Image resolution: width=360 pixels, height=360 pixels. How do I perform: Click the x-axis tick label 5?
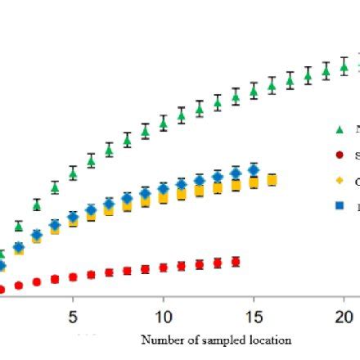pyautogui.click(x=73, y=316)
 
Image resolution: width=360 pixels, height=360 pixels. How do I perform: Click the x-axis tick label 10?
pyautogui.click(x=163, y=316)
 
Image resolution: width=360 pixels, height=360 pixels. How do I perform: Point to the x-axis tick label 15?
pyautogui.click(x=253, y=316)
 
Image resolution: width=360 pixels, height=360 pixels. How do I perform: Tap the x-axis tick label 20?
pyautogui.click(x=344, y=316)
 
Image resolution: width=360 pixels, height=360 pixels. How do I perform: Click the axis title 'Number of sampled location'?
pyautogui.click(x=216, y=340)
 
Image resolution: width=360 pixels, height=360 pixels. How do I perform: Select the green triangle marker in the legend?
pyautogui.click(x=340, y=128)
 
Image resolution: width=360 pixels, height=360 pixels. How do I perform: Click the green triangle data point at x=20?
pyautogui.click(x=344, y=65)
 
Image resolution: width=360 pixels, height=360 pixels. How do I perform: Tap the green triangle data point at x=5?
pyautogui.click(x=73, y=173)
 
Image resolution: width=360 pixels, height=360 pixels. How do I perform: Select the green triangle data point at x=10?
pyautogui.click(x=163, y=124)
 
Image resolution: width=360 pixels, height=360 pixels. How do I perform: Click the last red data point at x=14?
pyautogui.click(x=236, y=262)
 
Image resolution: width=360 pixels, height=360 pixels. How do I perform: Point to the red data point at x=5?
pyautogui.click(x=73, y=277)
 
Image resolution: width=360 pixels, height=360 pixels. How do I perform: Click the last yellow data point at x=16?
pyautogui.click(x=272, y=180)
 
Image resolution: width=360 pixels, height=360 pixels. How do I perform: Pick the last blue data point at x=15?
pyautogui.click(x=254, y=170)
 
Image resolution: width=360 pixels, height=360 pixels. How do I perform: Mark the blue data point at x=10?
pyautogui.click(x=163, y=190)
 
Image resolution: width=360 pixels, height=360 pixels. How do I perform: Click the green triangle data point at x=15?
pyautogui.click(x=254, y=92)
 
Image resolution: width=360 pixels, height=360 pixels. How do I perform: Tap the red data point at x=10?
pyautogui.click(x=163, y=268)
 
